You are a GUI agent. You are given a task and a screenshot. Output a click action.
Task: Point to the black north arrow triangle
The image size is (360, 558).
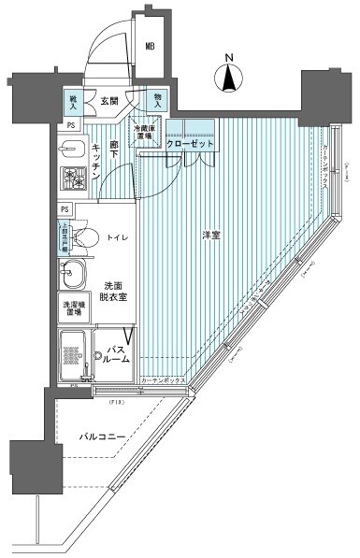click(x=230, y=80)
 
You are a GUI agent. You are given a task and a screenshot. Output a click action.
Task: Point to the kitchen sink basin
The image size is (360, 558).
click(x=72, y=148)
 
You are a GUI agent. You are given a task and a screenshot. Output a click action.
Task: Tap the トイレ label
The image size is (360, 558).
click(x=117, y=238)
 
